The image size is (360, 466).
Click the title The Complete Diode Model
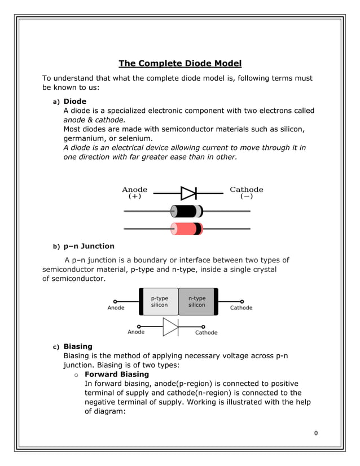tap(180, 63)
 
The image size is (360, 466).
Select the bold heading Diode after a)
tap(74, 102)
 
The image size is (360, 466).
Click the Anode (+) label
tap(135, 193)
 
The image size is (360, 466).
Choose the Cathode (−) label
tap(247, 193)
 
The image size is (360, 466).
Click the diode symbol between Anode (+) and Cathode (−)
tap(188, 194)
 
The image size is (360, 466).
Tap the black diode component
tap(187, 212)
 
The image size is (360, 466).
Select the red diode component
tap(187, 228)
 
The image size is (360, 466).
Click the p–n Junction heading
tap(89, 246)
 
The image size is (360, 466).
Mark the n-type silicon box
tap(197, 302)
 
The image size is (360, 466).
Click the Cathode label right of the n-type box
tap(241, 308)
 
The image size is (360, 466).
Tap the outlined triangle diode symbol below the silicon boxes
tap(170, 327)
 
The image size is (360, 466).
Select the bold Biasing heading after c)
tap(78, 346)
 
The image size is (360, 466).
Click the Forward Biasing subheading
tap(116, 374)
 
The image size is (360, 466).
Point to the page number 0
tap(316, 433)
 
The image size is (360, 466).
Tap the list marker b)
tap(56, 247)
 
